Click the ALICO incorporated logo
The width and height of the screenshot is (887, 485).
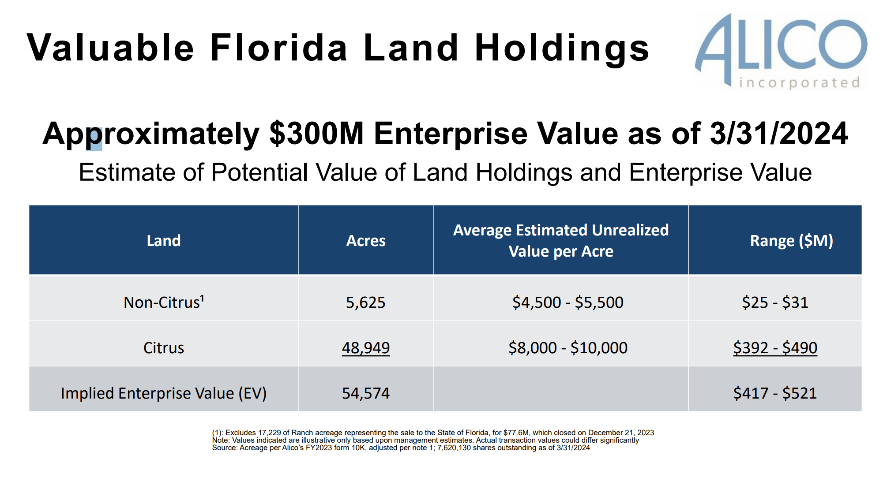coord(781,51)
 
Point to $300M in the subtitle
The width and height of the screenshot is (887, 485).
coord(316,134)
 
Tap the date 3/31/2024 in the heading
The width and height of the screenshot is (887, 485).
coord(778,134)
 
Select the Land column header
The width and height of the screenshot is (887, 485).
coord(164,241)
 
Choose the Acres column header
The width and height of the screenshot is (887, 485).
coord(366,241)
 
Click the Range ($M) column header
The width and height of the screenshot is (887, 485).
coord(791,241)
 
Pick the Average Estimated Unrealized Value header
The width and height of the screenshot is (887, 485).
coord(561,241)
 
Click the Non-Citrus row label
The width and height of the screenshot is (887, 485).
coord(164,302)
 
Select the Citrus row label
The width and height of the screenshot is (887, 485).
coord(164,348)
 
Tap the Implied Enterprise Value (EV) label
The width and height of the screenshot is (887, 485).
coord(164,393)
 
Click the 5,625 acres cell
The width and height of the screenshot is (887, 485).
coord(366,302)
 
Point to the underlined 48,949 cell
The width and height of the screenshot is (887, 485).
coord(366,348)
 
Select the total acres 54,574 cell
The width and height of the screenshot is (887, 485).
coord(366,393)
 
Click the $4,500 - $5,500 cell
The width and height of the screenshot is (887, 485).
coord(568,302)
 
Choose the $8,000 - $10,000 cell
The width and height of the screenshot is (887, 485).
coord(568,348)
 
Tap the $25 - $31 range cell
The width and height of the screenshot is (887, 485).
coord(775,302)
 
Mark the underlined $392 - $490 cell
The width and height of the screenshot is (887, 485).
coord(775,348)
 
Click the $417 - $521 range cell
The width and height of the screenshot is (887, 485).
coord(775,393)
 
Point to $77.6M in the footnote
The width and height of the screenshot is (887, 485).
coord(517,433)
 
